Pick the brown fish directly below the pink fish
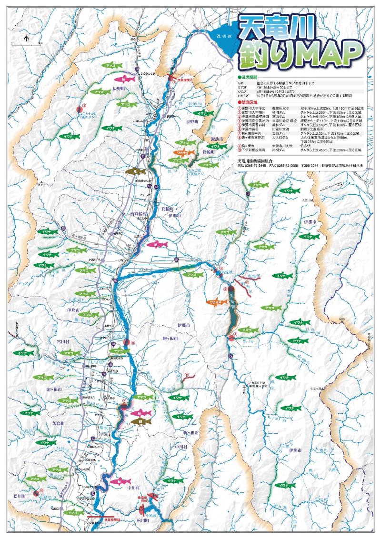coord(141,421)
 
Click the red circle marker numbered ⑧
coord(126,342)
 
